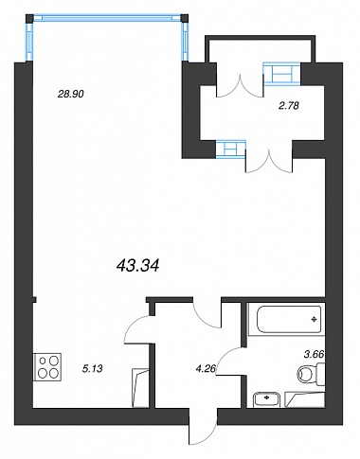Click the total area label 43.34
[x=137, y=266]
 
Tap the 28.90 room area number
[x=71, y=94]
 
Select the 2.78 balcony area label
[x=288, y=106]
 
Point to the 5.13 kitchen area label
[x=92, y=368]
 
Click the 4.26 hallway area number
[x=206, y=368]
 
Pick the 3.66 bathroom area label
[x=314, y=355]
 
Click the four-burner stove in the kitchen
[x=47, y=367]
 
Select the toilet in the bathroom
[x=311, y=374]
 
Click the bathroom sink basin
[x=267, y=399]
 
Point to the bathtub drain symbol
[x=314, y=319]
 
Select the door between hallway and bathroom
[x=231, y=361]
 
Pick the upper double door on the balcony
[x=240, y=85]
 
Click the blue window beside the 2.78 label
[x=281, y=74]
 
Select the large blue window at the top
[x=107, y=17]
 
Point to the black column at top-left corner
[x=29, y=18]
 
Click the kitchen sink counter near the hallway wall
[x=140, y=387]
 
